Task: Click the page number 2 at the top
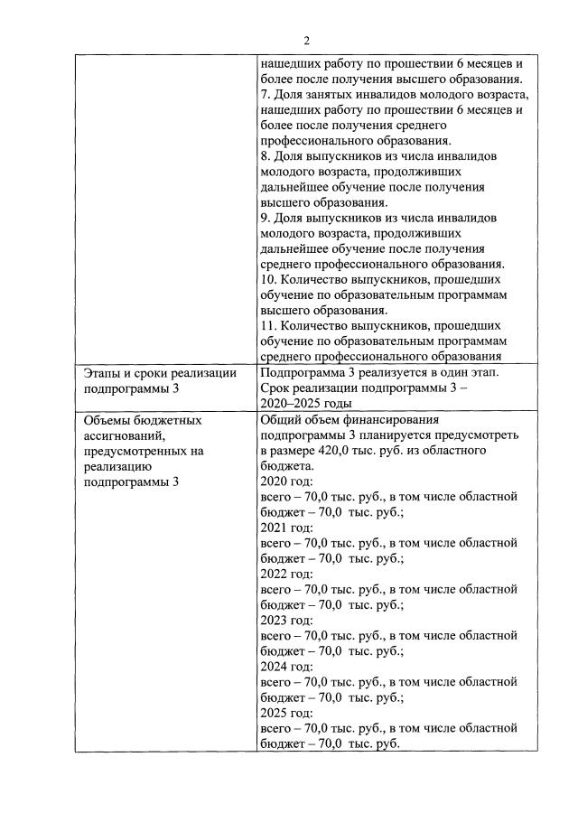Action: tap(306, 41)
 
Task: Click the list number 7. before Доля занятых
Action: tap(265, 95)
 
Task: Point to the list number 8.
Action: tap(265, 156)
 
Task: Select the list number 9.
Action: tap(265, 218)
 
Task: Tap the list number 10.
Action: tap(268, 280)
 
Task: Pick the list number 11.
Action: tap(268, 326)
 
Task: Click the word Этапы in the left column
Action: tap(105, 373)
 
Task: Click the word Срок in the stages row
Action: tap(275, 388)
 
